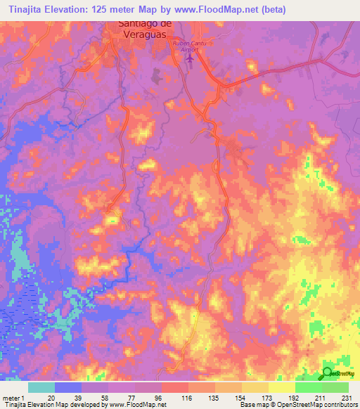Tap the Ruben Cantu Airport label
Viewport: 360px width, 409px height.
(188, 46)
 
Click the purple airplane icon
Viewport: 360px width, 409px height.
(188, 58)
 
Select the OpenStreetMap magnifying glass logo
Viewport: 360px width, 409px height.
(328, 373)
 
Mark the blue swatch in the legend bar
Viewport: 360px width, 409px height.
(68, 387)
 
